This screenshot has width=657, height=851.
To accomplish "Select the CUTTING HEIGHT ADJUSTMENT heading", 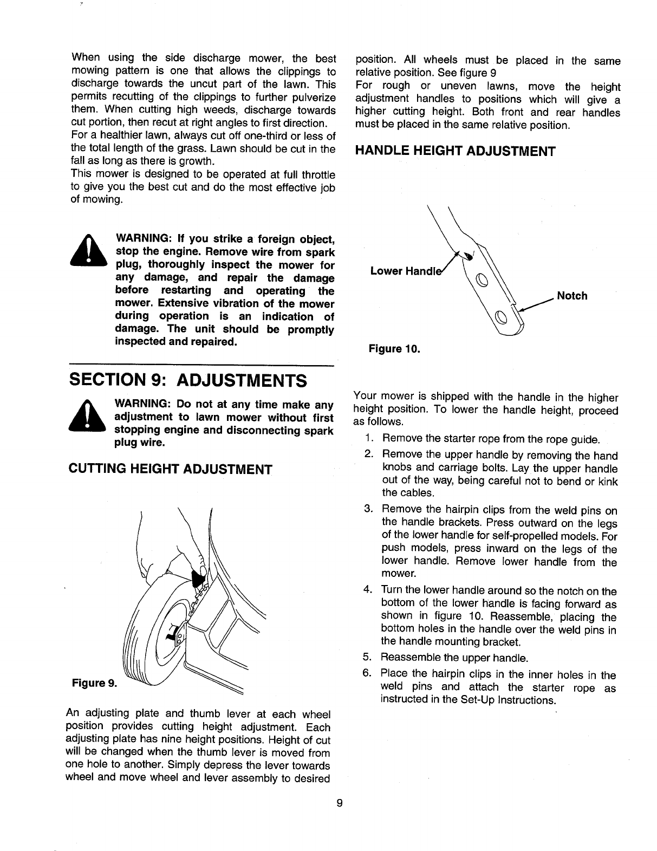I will coord(171,469).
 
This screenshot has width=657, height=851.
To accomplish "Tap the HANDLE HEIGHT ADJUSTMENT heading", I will coord(455,151).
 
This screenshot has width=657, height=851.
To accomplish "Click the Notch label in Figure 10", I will coord(572,296).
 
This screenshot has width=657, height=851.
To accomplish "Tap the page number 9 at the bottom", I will coord(339,803).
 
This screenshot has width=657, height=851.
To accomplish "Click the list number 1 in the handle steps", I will coord(368,438).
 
